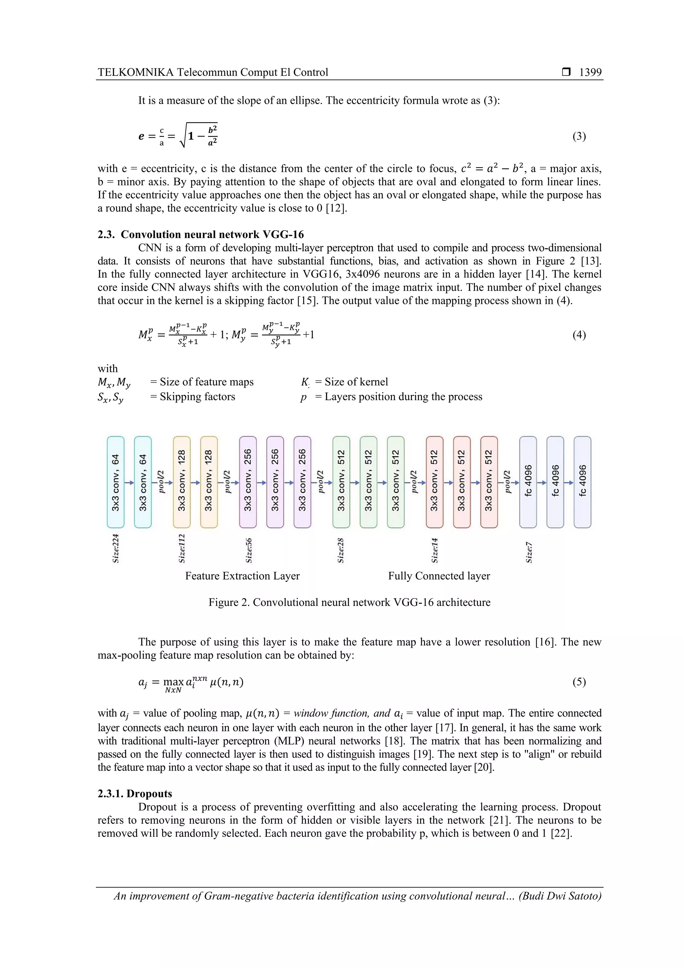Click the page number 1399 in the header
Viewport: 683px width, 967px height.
tap(590, 72)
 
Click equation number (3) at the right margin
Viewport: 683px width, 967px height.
tap(579, 136)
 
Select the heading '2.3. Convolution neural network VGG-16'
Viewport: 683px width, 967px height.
tap(201, 235)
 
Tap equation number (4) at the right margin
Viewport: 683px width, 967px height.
tap(579, 335)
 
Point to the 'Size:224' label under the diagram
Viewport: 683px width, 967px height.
tap(116, 548)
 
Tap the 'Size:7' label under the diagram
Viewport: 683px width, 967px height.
tap(529, 552)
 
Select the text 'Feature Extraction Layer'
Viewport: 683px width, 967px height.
tap(242, 576)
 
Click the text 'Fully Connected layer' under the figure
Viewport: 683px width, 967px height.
tap(439, 576)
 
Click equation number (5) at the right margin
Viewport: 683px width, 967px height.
tap(579, 682)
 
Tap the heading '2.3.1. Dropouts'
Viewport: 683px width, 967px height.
tap(135, 793)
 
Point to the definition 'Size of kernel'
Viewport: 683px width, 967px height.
tap(356, 382)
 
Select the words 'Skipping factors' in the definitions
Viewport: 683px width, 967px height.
tap(197, 397)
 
